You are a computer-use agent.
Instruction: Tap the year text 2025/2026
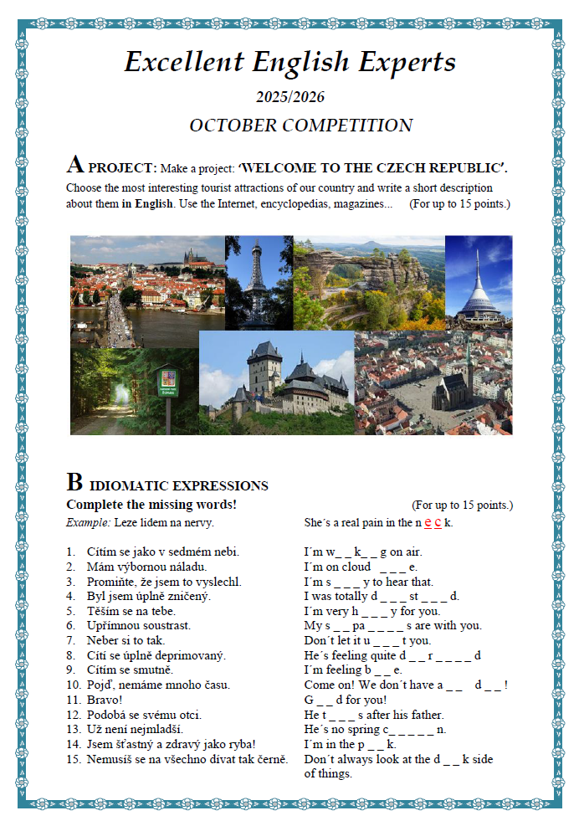[289, 97]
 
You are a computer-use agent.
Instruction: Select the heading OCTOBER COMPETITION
[300, 126]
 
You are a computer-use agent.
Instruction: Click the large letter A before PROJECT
[74, 163]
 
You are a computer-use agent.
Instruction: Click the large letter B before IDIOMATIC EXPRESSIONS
[74, 482]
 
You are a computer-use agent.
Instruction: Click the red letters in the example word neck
[432, 523]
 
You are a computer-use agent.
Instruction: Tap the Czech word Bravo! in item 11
[105, 699]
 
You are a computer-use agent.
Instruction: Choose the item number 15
[73, 759]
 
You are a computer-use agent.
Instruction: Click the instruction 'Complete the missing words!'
[151, 505]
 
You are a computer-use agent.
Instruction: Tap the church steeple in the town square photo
[469, 360]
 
